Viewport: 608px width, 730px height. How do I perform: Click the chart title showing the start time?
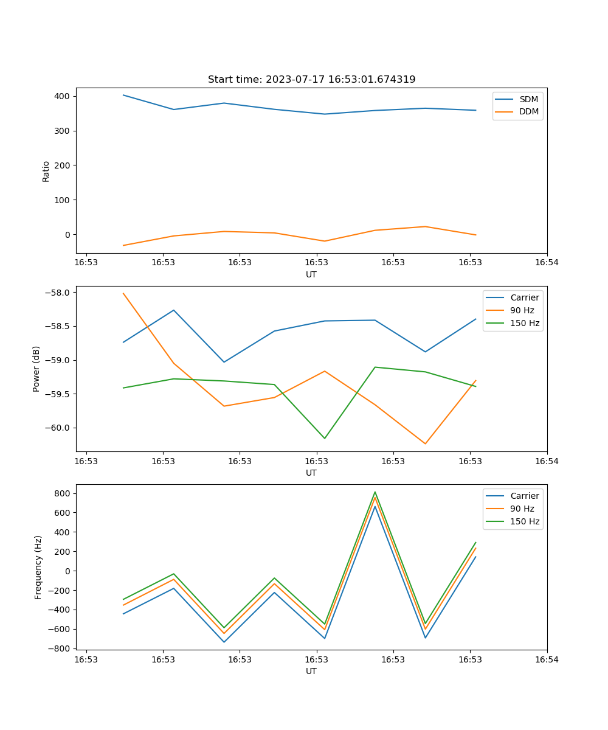pos(311,80)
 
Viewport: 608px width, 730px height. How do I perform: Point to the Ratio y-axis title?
pos(46,171)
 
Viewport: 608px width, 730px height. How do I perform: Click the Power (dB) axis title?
pos(36,369)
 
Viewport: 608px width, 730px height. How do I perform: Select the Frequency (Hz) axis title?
pos(38,567)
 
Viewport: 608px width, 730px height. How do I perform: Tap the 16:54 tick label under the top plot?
pos(547,263)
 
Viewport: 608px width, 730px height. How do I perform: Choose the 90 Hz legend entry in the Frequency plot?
pos(522,509)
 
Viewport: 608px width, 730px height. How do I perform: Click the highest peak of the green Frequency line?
pos(375,492)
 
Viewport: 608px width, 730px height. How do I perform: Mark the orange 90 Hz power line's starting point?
pos(123,293)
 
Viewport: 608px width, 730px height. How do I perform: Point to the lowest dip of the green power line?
pos(325,438)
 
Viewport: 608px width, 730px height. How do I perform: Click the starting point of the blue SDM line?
pos(123,95)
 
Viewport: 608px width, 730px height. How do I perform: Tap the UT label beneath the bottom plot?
pos(311,671)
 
